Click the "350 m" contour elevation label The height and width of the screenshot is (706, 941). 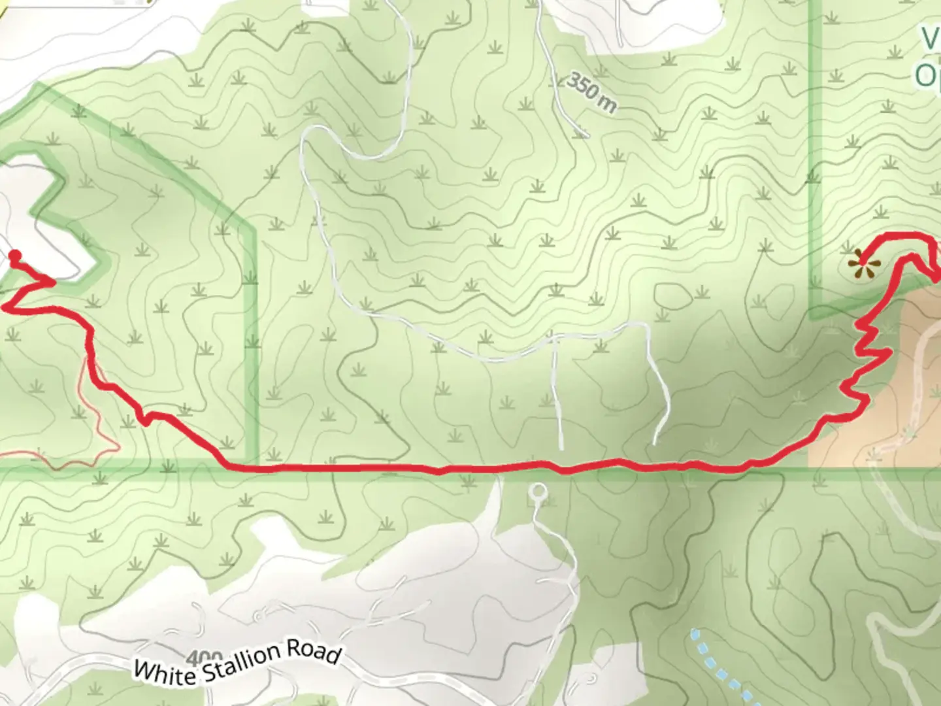(591, 93)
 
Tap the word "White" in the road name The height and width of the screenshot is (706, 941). (165, 669)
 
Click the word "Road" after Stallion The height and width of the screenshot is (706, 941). (320, 652)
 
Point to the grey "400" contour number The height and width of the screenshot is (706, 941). (204, 656)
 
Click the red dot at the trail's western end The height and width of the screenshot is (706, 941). (15, 256)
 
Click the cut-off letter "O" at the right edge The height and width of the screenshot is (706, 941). (927, 76)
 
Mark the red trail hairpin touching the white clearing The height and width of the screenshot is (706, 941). (51, 282)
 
